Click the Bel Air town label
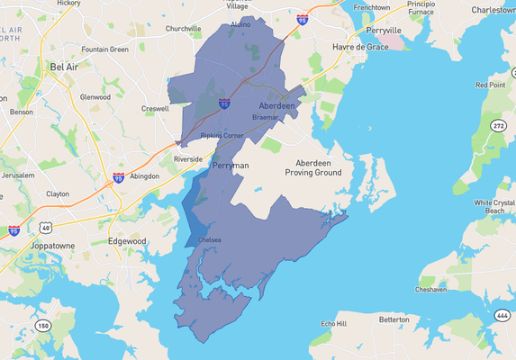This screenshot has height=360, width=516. [64, 67]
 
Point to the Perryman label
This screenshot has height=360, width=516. [229, 166]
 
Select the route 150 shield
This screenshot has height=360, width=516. [43, 325]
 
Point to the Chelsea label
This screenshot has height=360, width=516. [209, 239]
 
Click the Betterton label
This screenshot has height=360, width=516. [393, 319]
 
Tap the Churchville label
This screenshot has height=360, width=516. [183, 29]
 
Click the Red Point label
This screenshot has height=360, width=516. [491, 85]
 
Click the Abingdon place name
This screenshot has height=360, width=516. [143, 176]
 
